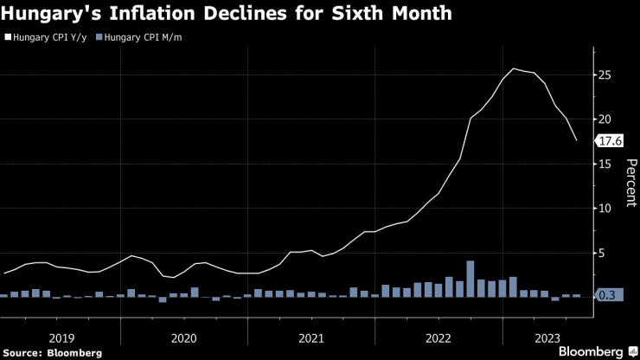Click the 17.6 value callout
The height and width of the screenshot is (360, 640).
click(x=610, y=141)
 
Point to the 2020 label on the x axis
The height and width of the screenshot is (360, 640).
click(x=184, y=338)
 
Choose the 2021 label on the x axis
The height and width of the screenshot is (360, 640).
click(x=311, y=338)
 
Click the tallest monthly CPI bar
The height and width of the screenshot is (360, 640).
click(x=470, y=279)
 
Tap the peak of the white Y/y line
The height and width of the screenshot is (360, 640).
click(x=514, y=69)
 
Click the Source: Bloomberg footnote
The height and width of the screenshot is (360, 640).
click(x=53, y=353)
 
